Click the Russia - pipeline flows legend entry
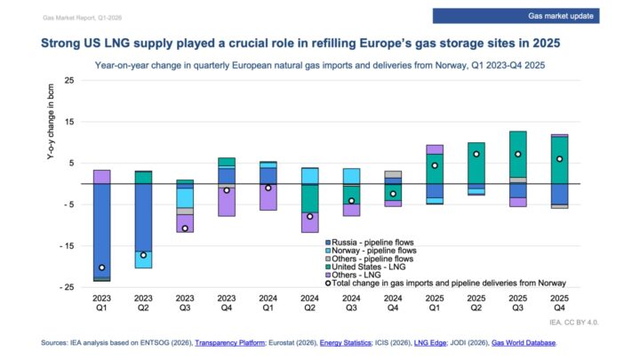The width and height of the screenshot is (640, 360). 374,242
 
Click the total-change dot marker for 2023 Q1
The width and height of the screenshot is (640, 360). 102,268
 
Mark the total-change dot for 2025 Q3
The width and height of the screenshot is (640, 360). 517,154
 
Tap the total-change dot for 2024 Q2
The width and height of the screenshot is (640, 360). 310,216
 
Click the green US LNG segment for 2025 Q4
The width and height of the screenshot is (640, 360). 559,160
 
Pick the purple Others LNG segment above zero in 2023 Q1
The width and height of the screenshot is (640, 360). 102,176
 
